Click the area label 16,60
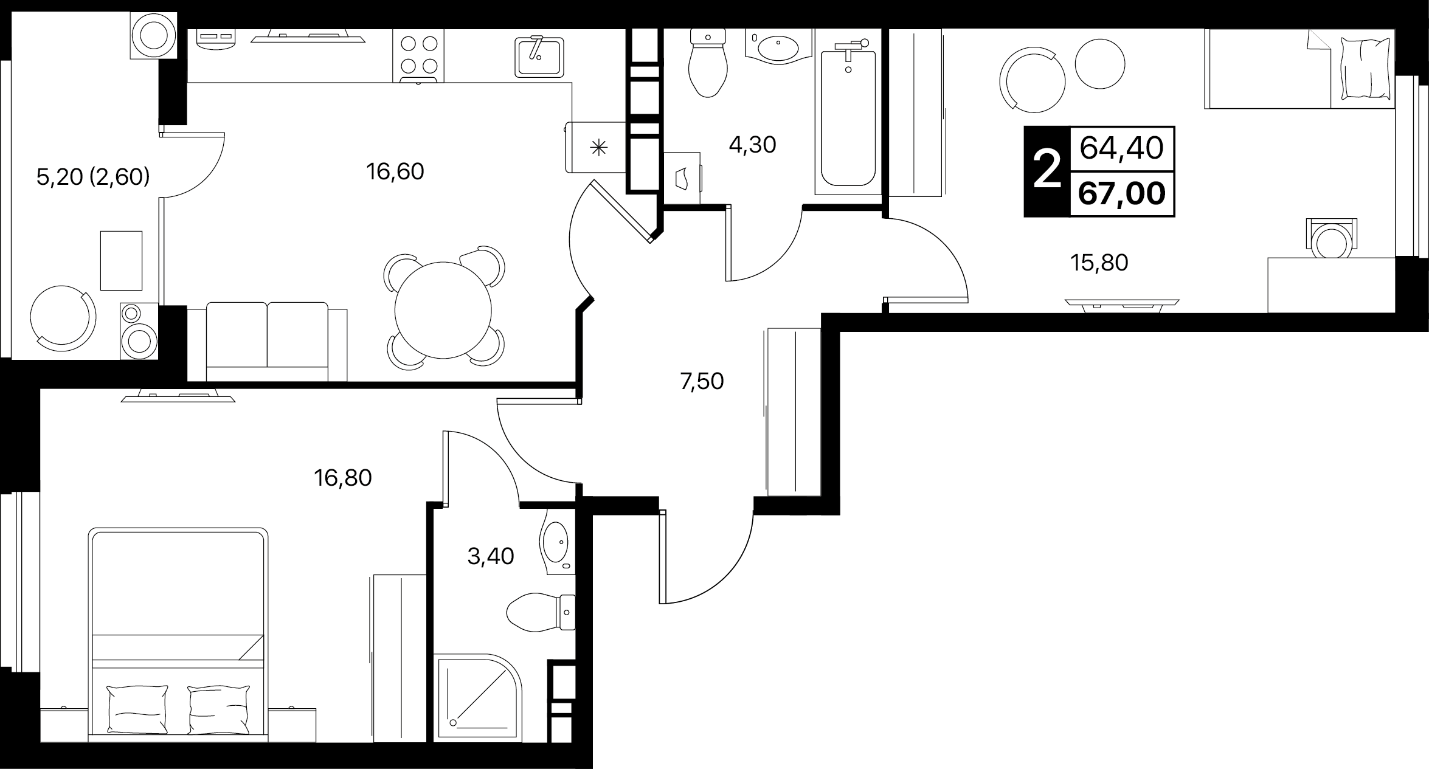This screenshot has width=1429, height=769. tap(395, 172)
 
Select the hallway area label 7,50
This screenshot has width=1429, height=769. tap(702, 382)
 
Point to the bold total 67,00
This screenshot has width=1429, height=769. tap(1122, 194)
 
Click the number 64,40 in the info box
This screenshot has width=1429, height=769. tap(1122, 148)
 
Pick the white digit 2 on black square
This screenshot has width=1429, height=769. tap(1047, 171)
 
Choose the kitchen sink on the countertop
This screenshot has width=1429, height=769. tap(539, 57)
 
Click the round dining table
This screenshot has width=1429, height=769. tap(443, 309)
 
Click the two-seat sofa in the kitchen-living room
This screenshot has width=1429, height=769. tap(268, 341)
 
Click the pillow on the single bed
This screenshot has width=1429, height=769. tap(1365, 67)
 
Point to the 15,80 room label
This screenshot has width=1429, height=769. tap(1099, 263)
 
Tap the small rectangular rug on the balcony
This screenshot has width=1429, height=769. tap(121, 261)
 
